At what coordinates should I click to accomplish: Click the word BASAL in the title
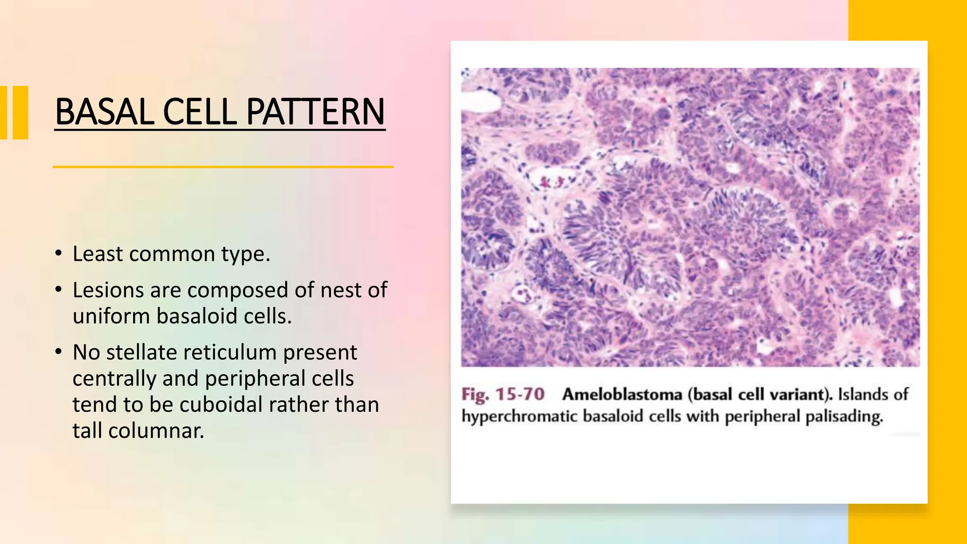[104, 112]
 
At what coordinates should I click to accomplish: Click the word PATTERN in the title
[315, 112]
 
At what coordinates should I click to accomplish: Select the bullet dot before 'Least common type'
[58, 254]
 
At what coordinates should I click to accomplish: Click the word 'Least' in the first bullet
[97, 254]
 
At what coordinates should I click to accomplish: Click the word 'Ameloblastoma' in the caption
[622, 394]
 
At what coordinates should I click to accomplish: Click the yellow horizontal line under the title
[223, 167]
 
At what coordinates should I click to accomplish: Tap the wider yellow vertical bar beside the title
[20, 112]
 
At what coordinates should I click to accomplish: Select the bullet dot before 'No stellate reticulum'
[58, 352]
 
